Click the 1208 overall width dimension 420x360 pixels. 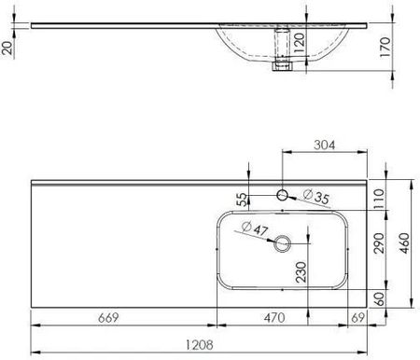200,345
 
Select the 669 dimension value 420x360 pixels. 108,318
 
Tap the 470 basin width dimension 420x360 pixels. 274,318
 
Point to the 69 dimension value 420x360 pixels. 357,318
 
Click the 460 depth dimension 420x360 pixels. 404,243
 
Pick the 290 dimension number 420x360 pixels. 379,243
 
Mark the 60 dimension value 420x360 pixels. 379,298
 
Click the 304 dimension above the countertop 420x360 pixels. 325,145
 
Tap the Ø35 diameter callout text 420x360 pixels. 316,197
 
